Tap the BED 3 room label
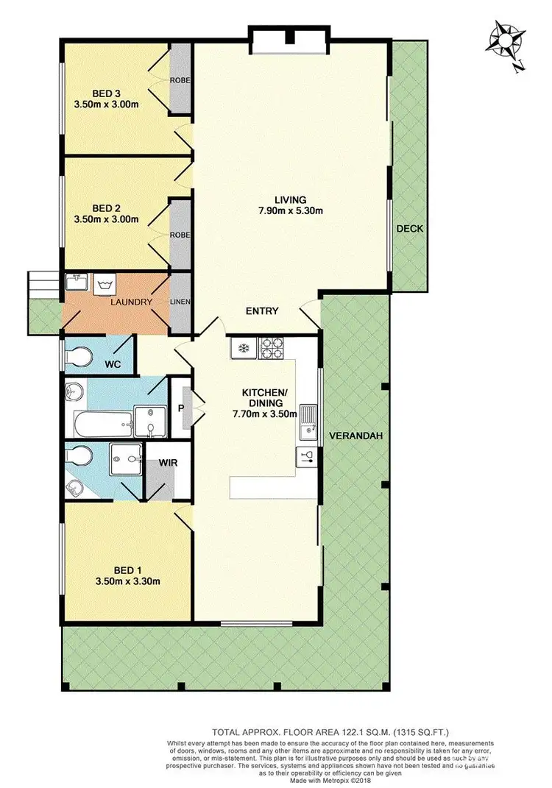[x=107, y=93]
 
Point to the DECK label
[x=409, y=229]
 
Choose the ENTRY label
[x=262, y=311]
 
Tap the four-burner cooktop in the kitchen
[x=271, y=347]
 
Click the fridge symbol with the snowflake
[x=244, y=347]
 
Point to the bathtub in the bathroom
[x=101, y=424]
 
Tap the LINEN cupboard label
[x=180, y=302]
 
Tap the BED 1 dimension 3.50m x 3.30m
[x=127, y=581]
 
